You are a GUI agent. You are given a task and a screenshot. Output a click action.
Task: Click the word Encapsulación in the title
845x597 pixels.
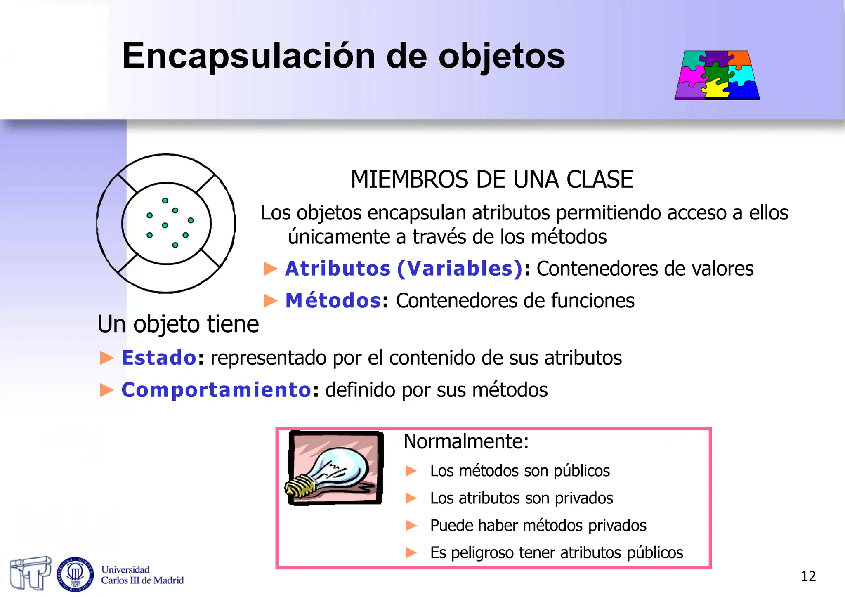point(248,56)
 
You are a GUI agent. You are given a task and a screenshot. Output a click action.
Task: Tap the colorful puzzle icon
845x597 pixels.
point(717,75)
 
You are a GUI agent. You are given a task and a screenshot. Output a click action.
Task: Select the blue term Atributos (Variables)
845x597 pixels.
point(404,269)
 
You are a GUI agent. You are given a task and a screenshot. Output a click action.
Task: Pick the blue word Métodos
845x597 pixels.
point(333,300)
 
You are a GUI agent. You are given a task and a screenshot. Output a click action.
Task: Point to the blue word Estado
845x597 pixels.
point(159,358)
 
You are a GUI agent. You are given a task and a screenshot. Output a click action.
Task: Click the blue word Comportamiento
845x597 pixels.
point(216,390)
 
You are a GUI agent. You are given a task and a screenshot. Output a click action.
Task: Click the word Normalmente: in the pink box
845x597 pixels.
point(466,441)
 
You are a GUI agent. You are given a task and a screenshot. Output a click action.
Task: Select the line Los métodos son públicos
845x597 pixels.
point(519,471)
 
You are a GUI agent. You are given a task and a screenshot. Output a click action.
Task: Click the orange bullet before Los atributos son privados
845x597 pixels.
point(411,498)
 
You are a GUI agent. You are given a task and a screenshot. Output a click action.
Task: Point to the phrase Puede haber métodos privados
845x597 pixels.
point(538,526)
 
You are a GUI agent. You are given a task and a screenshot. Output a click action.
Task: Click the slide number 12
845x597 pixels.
point(808,576)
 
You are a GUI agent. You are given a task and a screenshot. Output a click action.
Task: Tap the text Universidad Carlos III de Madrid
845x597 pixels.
point(142,575)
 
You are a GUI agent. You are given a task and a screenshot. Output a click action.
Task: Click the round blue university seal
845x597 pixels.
point(75,574)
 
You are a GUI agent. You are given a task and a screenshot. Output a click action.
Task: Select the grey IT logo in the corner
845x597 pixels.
point(30,573)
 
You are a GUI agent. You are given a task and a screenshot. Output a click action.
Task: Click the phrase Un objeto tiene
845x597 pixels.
point(178,324)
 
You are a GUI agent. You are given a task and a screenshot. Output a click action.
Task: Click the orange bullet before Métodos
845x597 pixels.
point(270,301)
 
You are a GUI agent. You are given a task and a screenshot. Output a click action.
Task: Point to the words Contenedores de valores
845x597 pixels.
point(645,269)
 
